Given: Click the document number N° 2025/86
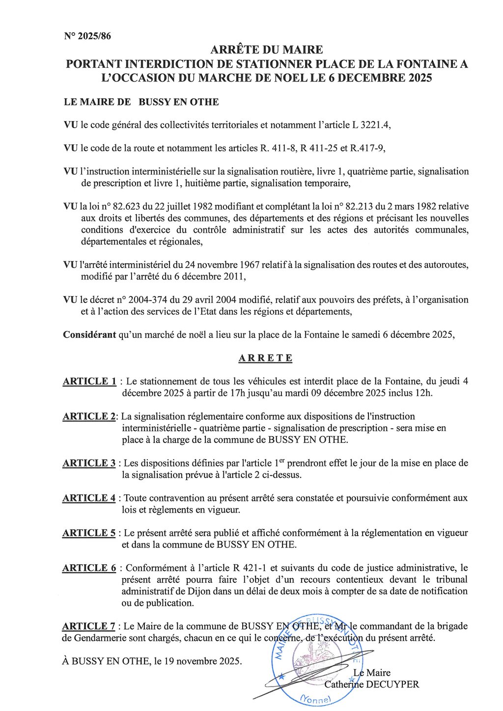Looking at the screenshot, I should (x=87, y=36).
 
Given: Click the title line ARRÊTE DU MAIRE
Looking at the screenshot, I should (x=267, y=50).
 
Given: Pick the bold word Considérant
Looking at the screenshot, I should (x=89, y=335).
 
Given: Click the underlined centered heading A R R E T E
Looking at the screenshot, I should (x=265, y=358).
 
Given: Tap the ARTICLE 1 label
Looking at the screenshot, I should (x=89, y=382).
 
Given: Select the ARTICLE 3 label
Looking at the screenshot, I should (x=89, y=463).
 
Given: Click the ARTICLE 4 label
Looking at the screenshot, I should (x=89, y=498).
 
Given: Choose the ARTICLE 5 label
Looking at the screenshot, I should (x=89, y=533).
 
